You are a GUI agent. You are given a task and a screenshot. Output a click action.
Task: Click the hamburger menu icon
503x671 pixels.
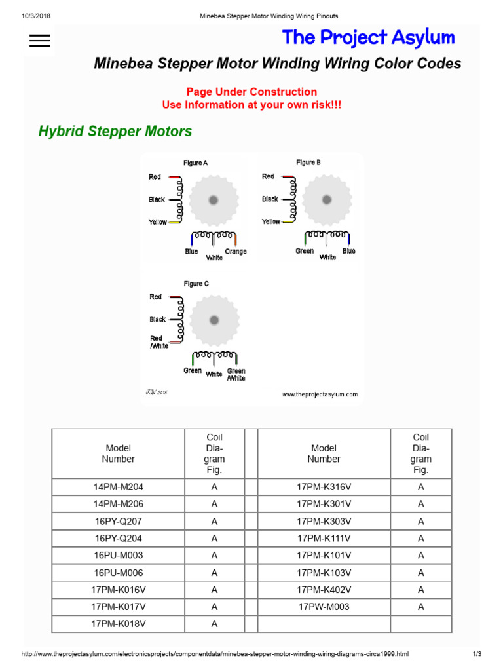[40, 41]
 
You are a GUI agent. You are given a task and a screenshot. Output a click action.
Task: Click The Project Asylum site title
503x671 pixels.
[368, 38]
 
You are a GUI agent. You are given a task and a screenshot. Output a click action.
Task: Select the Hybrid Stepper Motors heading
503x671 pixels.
[115, 131]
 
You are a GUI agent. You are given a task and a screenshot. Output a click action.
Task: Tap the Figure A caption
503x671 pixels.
[196, 163]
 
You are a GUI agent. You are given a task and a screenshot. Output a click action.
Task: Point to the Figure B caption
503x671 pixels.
[308, 162]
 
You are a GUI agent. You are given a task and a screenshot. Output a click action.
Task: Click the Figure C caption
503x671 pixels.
[196, 284]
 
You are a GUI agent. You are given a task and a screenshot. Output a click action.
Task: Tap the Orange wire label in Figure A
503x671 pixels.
[236, 252]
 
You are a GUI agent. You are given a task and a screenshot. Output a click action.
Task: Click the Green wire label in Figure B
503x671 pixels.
[305, 251]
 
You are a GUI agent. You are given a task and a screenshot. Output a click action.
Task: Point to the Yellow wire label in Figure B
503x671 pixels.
[271, 221]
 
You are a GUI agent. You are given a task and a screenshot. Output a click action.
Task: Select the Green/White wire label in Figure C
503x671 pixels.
[236, 374]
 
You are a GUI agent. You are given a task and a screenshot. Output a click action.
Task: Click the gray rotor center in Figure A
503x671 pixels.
[214, 200]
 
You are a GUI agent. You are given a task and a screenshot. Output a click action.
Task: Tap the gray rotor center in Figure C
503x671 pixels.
[214, 320]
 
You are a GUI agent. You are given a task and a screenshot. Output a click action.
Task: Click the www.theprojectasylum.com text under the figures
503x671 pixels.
[320, 394]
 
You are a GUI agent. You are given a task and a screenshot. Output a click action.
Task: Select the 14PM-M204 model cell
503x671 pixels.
[119, 487]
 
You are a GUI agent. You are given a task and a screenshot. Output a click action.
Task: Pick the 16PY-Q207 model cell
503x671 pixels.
[119, 522]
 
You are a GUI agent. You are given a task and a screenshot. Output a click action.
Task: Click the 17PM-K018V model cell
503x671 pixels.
[119, 624]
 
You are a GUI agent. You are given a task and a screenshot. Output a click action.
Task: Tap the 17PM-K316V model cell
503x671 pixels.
[324, 487]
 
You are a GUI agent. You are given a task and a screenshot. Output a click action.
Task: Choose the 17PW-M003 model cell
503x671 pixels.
[324, 607]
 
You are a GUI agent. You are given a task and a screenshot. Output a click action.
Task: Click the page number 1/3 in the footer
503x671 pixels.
[477, 654]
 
